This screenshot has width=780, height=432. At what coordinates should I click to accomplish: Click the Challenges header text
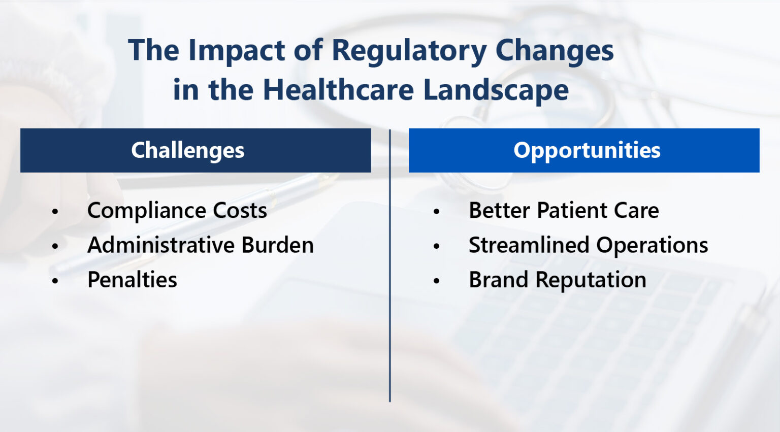(187, 150)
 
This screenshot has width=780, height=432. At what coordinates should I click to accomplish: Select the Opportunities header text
(587, 150)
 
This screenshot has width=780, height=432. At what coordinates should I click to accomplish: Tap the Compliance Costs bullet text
(177, 211)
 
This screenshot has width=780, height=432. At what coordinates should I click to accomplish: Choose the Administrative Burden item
(200, 245)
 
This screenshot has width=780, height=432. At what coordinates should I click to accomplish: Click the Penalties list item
(132, 280)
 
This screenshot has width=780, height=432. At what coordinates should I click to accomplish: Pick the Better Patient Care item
(563, 211)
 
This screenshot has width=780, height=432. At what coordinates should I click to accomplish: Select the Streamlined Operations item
(588, 245)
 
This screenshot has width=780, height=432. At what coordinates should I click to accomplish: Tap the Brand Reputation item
(557, 280)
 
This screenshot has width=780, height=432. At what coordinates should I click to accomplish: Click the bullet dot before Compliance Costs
(55, 212)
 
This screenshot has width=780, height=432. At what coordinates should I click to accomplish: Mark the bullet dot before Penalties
(55, 281)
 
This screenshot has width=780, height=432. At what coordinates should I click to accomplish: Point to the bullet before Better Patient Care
(436, 212)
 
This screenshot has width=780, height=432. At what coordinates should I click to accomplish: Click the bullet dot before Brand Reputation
(436, 281)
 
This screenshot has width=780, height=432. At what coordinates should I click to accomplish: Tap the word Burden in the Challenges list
(277, 245)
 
